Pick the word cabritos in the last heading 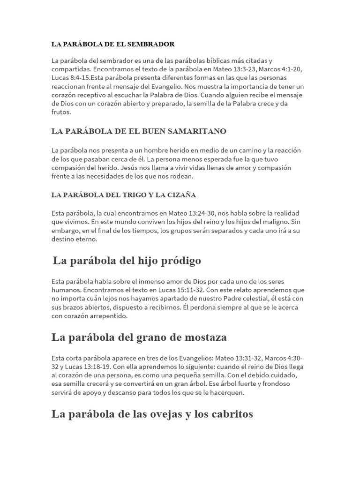tap(231, 414)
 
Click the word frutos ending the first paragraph tap(61, 112)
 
